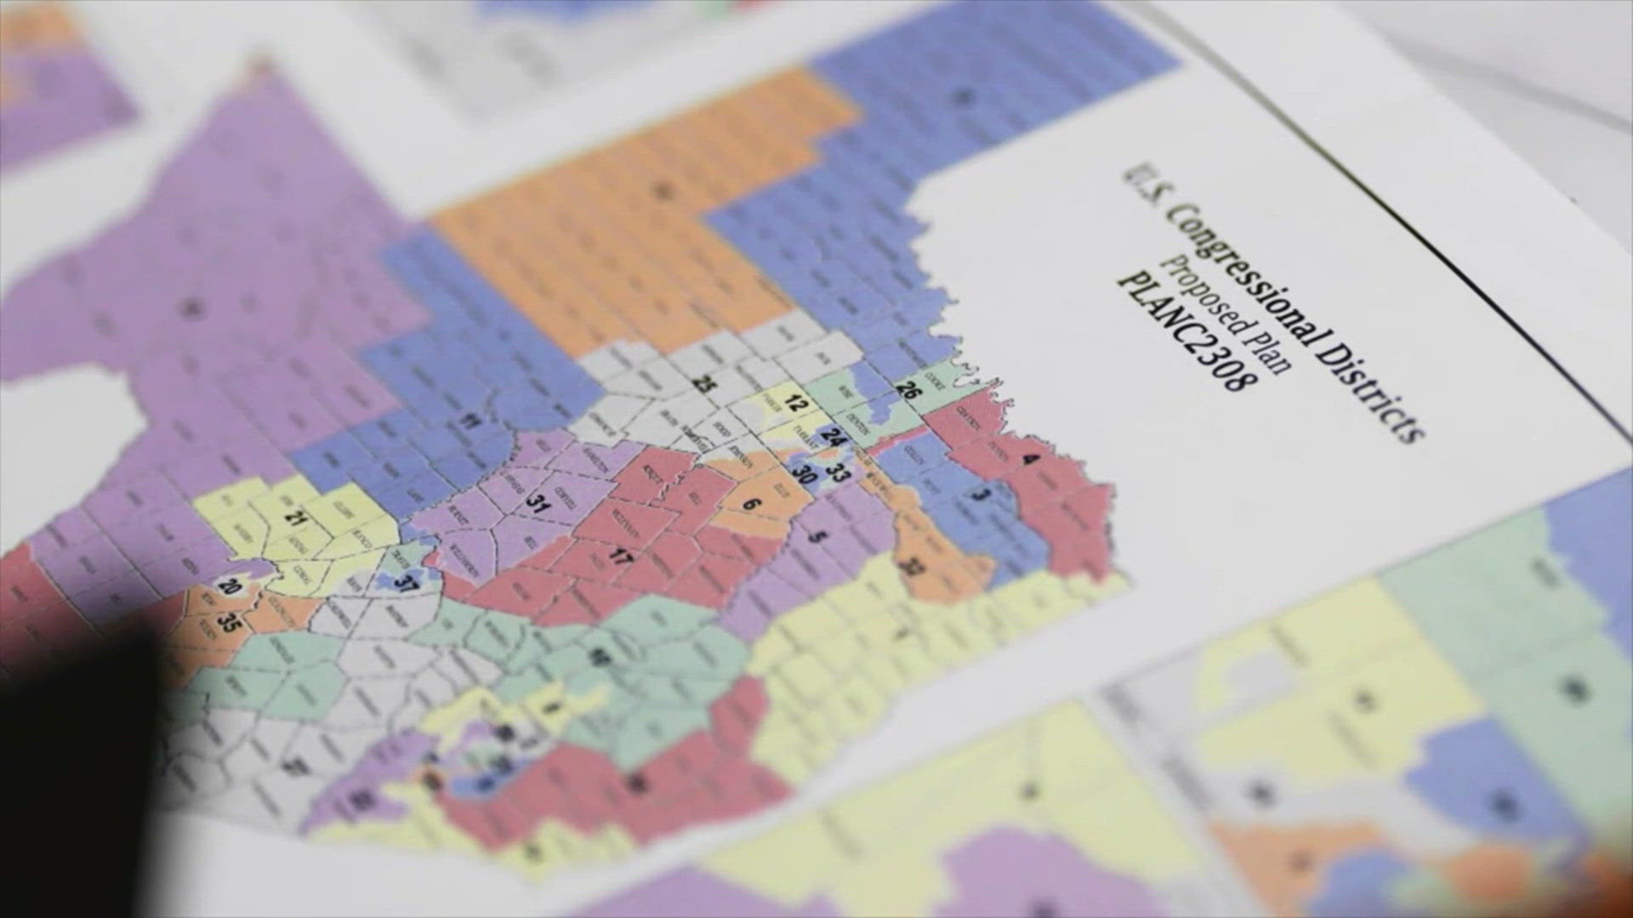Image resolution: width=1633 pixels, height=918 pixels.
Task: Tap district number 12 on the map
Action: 794,405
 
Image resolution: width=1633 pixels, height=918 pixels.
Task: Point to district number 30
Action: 804,473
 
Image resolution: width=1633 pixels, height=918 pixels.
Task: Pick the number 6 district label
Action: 749,503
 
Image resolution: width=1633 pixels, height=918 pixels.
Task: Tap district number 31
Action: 537,501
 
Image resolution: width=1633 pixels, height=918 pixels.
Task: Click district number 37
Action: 407,584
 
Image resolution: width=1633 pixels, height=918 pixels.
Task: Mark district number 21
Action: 297,517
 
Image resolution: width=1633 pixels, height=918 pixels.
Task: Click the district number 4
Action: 1031,460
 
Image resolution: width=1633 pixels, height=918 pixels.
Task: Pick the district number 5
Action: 818,537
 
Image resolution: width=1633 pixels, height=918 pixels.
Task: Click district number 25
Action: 703,383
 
